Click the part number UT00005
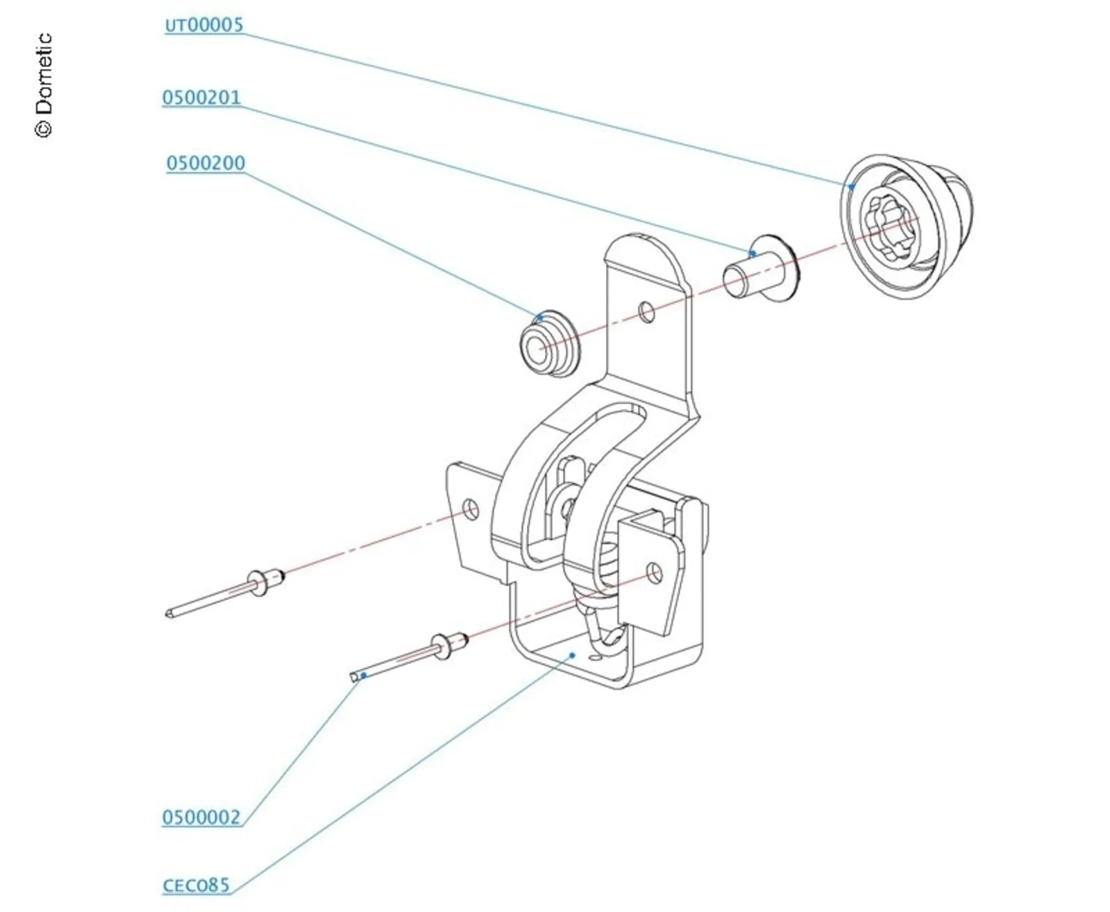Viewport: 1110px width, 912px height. pyautogui.click(x=204, y=25)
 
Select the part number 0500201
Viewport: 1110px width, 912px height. pyautogui.click(x=201, y=97)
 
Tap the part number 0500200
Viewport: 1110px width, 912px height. pyautogui.click(x=205, y=163)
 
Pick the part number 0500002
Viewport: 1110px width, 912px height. pyautogui.click(x=201, y=817)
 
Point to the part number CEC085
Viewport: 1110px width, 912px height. pyautogui.click(x=197, y=885)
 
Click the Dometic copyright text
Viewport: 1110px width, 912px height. pyautogui.click(x=44, y=86)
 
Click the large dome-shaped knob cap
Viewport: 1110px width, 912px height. pyautogui.click(x=905, y=226)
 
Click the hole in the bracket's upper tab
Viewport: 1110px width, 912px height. pyautogui.click(x=647, y=312)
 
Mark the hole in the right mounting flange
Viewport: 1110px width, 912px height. pyautogui.click(x=654, y=573)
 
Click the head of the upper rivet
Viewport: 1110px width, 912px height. pyautogui.click(x=259, y=582)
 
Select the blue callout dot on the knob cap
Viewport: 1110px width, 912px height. pyautogui.click(x=852, y=186)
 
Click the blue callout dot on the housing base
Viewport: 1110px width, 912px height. pyautogui.click(x=572, y=655)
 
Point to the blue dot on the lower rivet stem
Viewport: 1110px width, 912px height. pyautogui.click(x=364, y=675)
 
